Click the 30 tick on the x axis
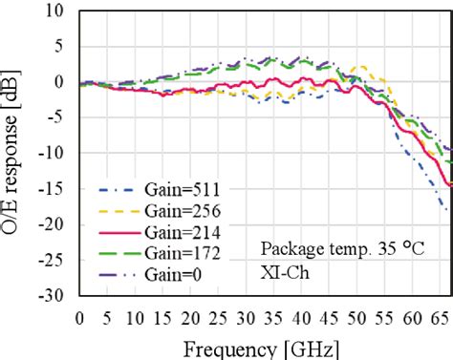pos(246,317)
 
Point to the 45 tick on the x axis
pos(328,317)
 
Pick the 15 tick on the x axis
pos(162,317)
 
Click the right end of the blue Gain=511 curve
pos(445,209)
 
